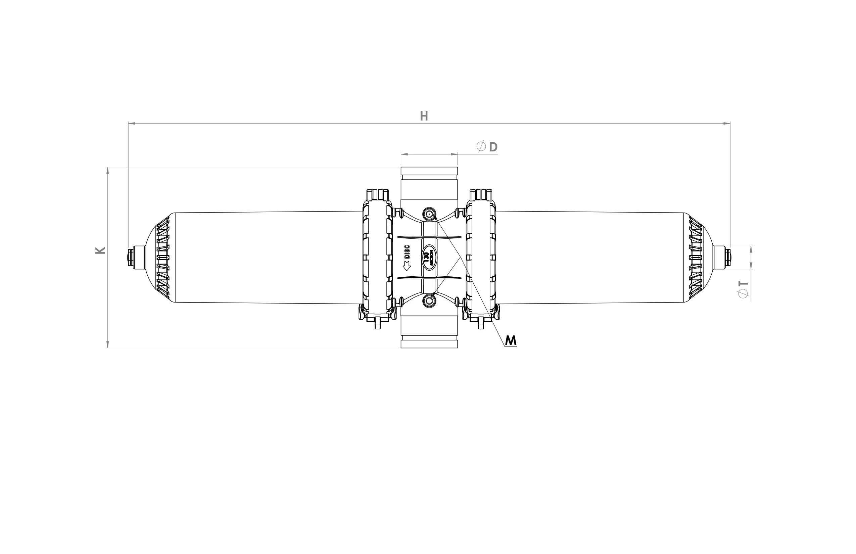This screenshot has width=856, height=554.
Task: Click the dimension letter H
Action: point(424,116)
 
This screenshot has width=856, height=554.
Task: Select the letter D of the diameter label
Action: point(493,147)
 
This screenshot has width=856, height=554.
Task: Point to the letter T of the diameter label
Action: point(744,283)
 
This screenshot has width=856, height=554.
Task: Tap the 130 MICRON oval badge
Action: point(429,257)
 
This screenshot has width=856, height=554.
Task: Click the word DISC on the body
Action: point(408,252)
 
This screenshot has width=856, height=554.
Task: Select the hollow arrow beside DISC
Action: point(407,266)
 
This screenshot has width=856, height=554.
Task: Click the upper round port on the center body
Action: point(429,215)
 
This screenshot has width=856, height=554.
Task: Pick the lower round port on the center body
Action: point(429,299)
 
